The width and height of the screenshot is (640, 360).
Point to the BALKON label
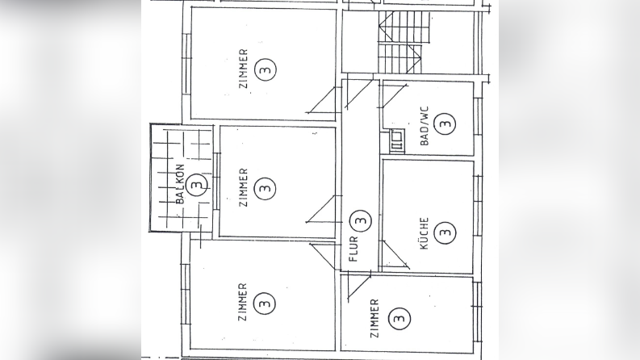tap(181, 187)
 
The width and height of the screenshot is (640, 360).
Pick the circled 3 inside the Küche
tap(445, 233)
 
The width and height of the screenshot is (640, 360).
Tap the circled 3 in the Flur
tap(361, 219)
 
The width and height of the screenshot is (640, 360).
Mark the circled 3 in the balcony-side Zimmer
tap(263, 188)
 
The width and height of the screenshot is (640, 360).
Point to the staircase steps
tap(400, 44)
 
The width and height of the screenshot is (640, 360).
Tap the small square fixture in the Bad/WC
tap(397, 141)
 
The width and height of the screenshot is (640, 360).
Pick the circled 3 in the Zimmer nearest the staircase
tap(264, 70)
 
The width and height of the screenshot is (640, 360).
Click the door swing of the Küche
tap(391, 257)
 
